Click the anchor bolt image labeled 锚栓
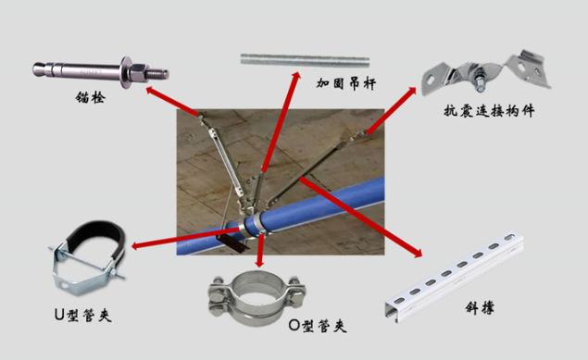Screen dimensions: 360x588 tap(98, 68)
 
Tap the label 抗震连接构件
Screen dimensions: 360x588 tap(491, 113)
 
